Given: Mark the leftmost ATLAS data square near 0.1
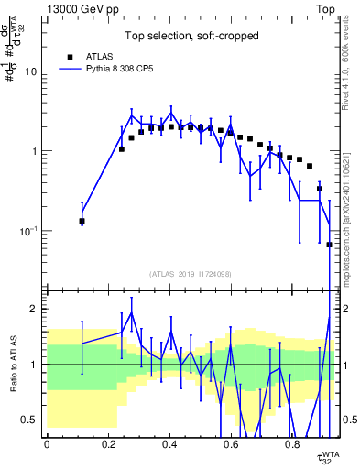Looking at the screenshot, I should (82, 221).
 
